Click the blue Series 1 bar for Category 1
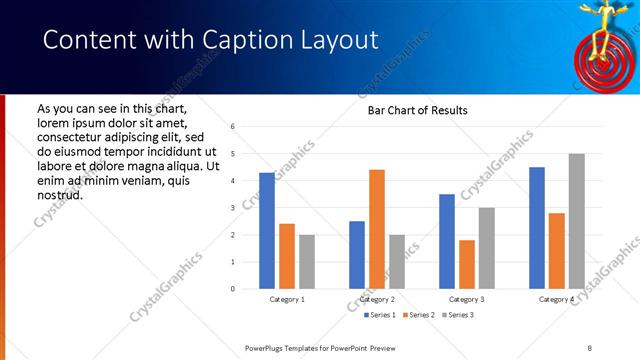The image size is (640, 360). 267,231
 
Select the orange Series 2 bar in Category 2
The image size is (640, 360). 377,229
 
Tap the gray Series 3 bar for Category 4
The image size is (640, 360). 577,221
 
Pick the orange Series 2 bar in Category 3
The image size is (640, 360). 467,264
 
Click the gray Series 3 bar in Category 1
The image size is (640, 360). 307,262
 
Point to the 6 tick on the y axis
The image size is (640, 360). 232,127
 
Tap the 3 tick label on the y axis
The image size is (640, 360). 232,208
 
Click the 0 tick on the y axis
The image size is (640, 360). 232,289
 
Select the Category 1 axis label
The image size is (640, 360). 288,299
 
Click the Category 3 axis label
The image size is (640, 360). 467,299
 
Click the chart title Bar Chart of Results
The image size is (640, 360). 411,109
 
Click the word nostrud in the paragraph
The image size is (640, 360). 59,194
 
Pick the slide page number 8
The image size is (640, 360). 589,347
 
